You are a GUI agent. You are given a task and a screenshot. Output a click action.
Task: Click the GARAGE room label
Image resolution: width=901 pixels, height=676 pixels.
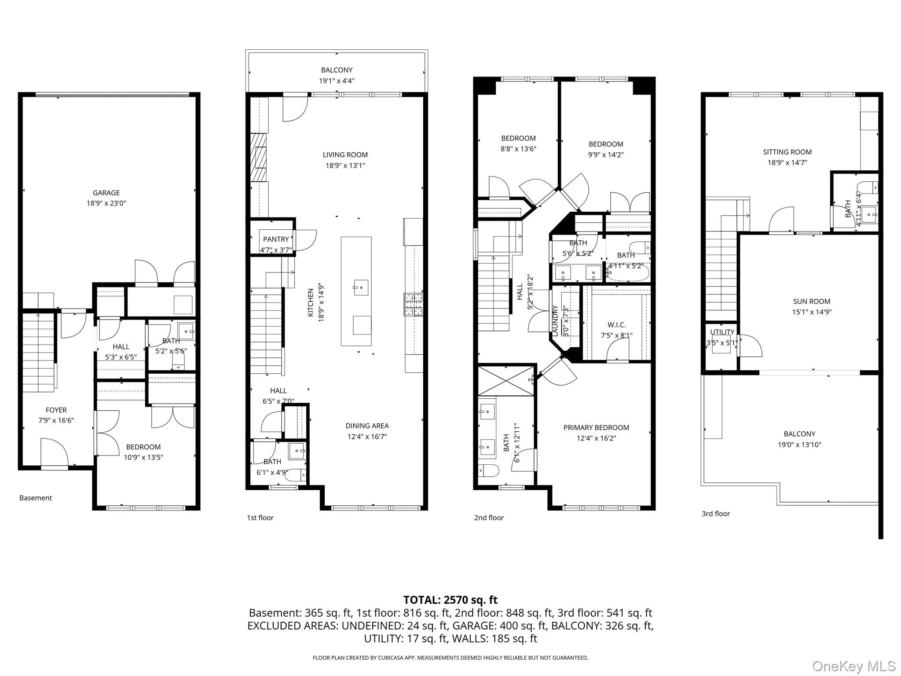tap(106, 193)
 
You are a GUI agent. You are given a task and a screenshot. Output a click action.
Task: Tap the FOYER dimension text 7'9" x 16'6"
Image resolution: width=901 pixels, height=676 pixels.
tap(56, 420)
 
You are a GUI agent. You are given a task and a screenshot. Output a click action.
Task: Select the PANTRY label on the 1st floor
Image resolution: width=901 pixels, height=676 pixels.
tap(276, 239)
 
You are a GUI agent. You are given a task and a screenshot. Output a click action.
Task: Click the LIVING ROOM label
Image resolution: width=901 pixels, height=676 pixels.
tap(345, 155)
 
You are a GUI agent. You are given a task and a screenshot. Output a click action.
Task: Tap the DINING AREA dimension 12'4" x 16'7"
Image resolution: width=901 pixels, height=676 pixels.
tap(367, 437)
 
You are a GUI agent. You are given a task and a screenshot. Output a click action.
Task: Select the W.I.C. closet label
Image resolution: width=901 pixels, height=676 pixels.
tap(616, 325)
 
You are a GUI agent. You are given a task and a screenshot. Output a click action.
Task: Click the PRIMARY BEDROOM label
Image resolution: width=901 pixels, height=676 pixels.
tap(596, 428)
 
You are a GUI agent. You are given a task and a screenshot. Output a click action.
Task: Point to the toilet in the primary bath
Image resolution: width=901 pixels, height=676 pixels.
tap(489, 470)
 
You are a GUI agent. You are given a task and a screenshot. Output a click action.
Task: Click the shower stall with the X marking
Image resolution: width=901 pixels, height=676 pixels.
tap(505, 380)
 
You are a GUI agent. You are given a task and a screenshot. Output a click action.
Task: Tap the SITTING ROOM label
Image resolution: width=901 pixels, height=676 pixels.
tap(787, 152)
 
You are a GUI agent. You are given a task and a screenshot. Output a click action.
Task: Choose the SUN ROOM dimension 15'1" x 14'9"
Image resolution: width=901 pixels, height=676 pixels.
tap(812, 312)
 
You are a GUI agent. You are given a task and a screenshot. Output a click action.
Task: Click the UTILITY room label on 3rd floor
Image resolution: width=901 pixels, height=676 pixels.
tap(722, 332)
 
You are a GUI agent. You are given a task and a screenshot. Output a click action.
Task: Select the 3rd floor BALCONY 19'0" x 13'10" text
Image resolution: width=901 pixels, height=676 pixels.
tap(799, 445)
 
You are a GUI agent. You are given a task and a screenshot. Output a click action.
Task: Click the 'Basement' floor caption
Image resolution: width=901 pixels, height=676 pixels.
tap(36, 498)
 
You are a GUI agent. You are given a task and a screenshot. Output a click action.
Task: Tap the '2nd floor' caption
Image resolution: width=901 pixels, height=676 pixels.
tap(489, 518)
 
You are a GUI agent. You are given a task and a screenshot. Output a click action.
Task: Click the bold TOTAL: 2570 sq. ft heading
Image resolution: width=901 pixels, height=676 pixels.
tap(450, 600)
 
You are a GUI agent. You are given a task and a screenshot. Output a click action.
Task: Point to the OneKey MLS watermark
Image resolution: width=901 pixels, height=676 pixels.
tap(853, 666)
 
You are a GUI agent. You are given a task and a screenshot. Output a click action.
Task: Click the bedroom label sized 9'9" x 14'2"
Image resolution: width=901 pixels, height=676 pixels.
tap(606, 144)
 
